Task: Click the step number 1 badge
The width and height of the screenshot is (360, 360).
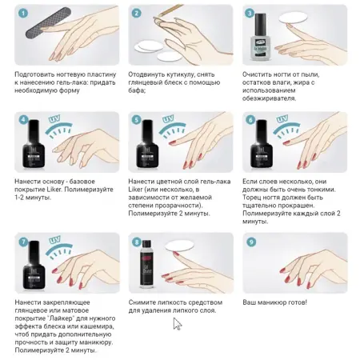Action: click(23, 14)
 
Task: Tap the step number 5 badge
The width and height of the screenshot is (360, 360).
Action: click(137, 120)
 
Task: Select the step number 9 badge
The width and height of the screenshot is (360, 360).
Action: click(251, 242)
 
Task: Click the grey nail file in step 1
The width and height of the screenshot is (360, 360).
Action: click(49, 22)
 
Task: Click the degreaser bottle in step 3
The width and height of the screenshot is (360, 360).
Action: click(260, 37)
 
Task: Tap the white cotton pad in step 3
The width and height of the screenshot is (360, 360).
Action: click(293, 18)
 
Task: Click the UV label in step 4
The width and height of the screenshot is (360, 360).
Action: click(54, 118)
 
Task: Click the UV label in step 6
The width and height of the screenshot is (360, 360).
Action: click(282, 118)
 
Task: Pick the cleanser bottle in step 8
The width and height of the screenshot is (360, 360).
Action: click(146, 264)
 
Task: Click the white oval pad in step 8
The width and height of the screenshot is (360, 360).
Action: click(180, 246)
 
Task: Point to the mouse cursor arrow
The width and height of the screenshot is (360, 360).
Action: click(178, 324)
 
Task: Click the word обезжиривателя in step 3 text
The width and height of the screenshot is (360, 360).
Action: click(269, 98)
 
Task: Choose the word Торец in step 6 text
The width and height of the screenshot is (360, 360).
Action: click(250, 198)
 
